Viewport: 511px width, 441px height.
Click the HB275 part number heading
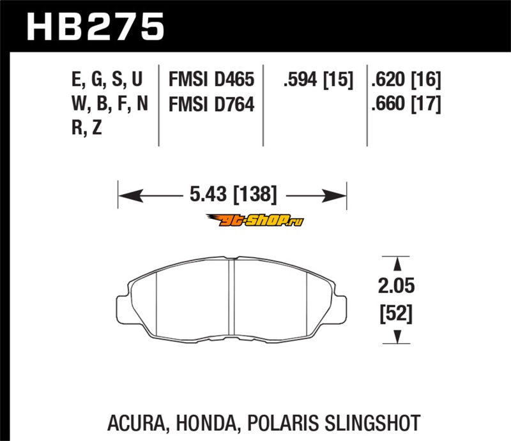tap(95, 27)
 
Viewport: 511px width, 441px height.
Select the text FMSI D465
tap(211, 79)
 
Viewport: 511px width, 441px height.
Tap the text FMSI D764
tap(211, 104)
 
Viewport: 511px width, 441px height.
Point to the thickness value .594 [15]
tap(318, 80)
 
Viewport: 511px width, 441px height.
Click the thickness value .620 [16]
tap(406, 80)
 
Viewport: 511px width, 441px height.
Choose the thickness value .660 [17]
tap(406, 104)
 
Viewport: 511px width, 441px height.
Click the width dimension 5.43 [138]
tap(233, 194)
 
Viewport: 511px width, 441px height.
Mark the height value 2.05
tap(396, 286)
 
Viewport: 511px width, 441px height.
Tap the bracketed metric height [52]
tap(396, 313)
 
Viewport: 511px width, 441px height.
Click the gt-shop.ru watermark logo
tap(255, 220)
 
